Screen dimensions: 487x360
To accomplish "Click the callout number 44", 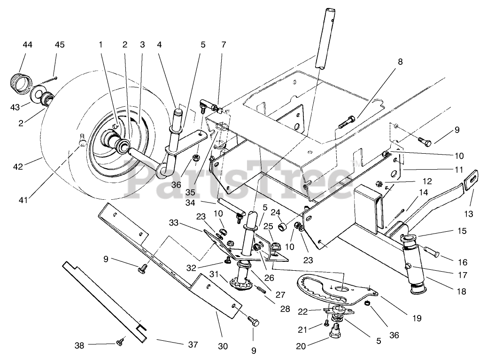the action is [27, 45].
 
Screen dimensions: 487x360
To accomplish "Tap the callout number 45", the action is [60, 45].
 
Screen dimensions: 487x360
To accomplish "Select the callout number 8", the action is [400, 62].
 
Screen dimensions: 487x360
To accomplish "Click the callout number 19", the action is [417, 318].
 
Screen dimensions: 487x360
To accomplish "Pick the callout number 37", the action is [193, 344].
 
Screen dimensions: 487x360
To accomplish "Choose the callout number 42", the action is [18, 167].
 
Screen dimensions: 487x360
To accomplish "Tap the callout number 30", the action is [223, 346].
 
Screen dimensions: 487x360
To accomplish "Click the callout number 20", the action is [301, 346].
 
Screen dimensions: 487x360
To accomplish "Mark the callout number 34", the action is [190, 203].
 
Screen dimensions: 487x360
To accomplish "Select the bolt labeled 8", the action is [347, 122].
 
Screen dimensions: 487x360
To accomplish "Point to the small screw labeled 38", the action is [120, 342].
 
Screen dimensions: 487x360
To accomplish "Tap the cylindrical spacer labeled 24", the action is [283, 227].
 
